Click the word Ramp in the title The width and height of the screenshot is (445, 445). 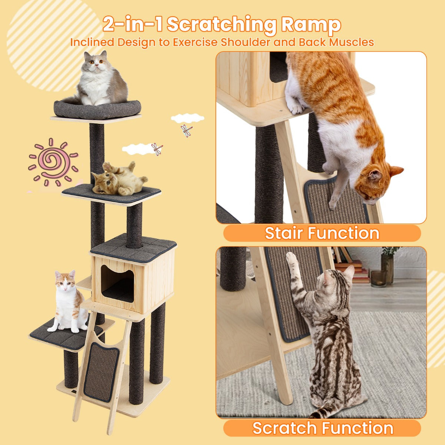(311, 24)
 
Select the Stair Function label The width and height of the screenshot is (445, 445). (322, 233)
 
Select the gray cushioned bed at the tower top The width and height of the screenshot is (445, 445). (97, 109)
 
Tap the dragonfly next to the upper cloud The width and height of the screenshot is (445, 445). (187, 130)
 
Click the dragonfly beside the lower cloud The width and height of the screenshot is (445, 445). (157, 149)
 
